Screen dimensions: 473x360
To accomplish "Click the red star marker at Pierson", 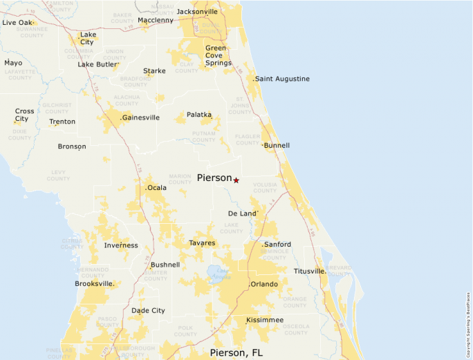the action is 236,180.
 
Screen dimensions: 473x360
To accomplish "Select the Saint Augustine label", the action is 282,79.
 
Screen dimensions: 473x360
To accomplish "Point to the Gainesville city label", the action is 140,117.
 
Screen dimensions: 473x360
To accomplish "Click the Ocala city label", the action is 157,187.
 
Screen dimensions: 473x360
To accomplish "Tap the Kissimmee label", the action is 265,320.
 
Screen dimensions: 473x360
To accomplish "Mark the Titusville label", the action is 309,271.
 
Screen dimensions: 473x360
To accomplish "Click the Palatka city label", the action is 199,115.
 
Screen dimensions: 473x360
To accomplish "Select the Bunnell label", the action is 277,146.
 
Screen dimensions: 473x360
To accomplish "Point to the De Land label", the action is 242,214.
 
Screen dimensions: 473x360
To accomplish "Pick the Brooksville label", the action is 94,283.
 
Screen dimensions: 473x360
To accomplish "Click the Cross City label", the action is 24,115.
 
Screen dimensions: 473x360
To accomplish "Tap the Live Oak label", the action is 17,23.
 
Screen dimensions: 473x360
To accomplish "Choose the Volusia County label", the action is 265,187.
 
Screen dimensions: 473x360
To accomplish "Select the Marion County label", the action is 180,180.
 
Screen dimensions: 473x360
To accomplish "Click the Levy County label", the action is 58,175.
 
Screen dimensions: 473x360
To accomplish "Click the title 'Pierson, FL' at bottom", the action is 236,353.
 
